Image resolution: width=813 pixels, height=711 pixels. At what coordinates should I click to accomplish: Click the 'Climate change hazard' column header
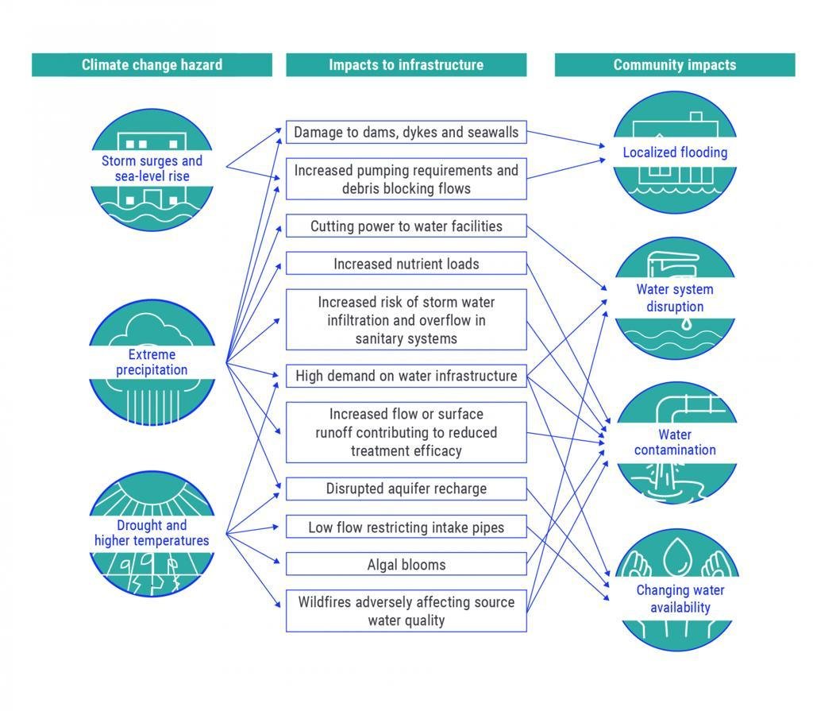[152, 65]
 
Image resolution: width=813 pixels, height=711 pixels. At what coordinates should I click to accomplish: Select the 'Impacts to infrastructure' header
[406, 65]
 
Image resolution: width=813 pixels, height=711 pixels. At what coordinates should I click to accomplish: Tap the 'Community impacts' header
[674, 65]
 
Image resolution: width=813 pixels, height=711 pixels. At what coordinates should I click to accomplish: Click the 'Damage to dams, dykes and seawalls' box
[406, 133]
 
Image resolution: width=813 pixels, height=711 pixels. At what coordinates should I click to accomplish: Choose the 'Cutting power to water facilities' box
[406, 226]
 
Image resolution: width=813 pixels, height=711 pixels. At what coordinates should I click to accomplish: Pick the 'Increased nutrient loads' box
[406, 264]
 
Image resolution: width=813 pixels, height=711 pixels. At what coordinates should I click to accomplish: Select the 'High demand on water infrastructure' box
[406, 376]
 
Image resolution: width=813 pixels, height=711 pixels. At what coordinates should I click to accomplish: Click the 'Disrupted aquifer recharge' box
[406, 489]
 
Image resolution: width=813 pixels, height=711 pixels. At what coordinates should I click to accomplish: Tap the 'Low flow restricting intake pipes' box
[406, 527]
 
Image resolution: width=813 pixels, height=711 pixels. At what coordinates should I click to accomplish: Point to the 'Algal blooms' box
[406, 565]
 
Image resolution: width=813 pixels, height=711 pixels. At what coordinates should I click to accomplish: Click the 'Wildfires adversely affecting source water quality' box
[406, 611]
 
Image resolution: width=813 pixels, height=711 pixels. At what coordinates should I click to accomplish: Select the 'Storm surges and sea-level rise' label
[152, 168]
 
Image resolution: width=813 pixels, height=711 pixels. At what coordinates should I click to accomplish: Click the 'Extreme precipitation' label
[152, 362]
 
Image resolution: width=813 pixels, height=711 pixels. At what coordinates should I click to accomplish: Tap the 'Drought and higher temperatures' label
[152, 533]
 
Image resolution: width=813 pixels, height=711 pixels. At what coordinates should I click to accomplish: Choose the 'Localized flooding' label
[675, 153]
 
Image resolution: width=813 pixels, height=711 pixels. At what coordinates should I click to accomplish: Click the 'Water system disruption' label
[675, 298]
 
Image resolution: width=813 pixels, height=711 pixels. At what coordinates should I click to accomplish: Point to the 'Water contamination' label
[675, 442]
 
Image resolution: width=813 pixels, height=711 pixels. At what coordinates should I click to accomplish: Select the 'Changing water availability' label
[675, 599]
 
